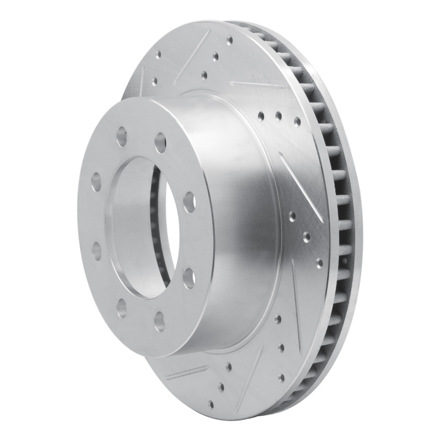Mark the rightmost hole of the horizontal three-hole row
pos(297,120)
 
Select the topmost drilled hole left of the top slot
pos(157,55)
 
